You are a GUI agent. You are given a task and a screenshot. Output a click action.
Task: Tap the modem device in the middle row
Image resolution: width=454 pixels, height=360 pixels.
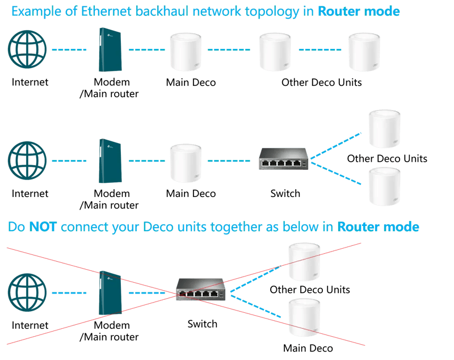pyautogui.click(x=106, y=161)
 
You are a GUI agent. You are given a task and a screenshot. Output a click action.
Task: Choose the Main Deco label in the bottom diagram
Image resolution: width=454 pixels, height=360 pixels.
pyautogui.click(x=308, y=348)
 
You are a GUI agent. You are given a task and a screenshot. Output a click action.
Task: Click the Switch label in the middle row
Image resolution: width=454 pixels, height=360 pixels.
pyautogui.click(x=285, y=194)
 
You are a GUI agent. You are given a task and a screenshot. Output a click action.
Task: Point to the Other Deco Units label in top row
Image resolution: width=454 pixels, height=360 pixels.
pyautogui.click(x=321, y=82)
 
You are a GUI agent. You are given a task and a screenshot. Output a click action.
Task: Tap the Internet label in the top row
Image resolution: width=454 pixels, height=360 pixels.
pyautogui.click(x=30, y=82)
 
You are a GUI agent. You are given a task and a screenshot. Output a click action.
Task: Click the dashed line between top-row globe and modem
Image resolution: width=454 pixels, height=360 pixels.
pyautogui.click(x=69, y=50)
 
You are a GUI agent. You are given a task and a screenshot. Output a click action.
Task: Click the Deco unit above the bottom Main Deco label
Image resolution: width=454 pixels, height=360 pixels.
pyautogui.click(x=307, y=319)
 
